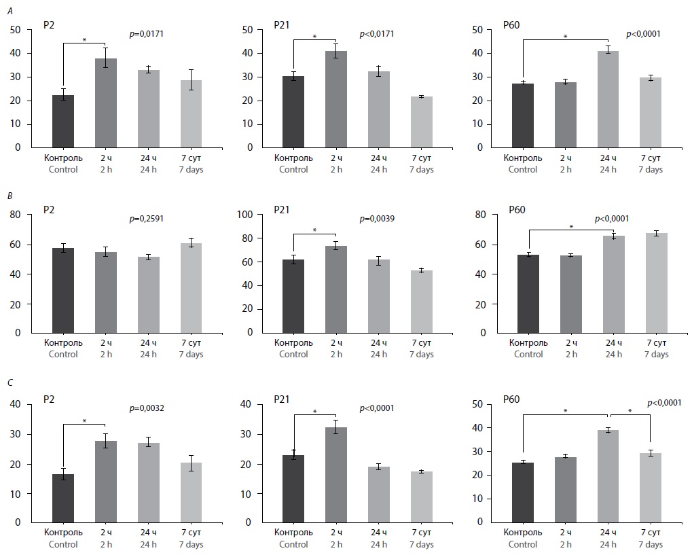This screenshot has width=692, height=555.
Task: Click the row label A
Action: (9, 11)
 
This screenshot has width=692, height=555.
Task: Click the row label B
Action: (9, 196)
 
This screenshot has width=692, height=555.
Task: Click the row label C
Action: (9, 382)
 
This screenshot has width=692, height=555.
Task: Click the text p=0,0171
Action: (147, 33)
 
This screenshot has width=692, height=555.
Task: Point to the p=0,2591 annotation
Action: (147, 219)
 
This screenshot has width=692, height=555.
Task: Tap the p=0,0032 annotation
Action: (147, 408)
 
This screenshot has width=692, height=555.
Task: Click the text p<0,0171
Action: (376, 33)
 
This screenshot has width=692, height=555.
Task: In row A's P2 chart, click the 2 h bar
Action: (105, 103)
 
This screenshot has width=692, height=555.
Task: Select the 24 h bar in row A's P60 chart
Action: (608, 99)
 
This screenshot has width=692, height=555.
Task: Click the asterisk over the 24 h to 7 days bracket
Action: (630, 411)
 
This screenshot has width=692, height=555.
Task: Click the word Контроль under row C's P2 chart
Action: (63, 533)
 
